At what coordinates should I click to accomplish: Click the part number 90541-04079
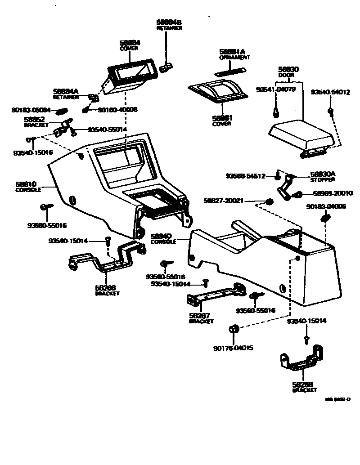coord(275,89)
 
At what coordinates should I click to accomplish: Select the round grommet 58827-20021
coord(270,201)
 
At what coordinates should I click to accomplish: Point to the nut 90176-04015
coord(234,329)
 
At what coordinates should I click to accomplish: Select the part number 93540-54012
coord(330,92)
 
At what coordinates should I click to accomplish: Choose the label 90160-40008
coord(117,110)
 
